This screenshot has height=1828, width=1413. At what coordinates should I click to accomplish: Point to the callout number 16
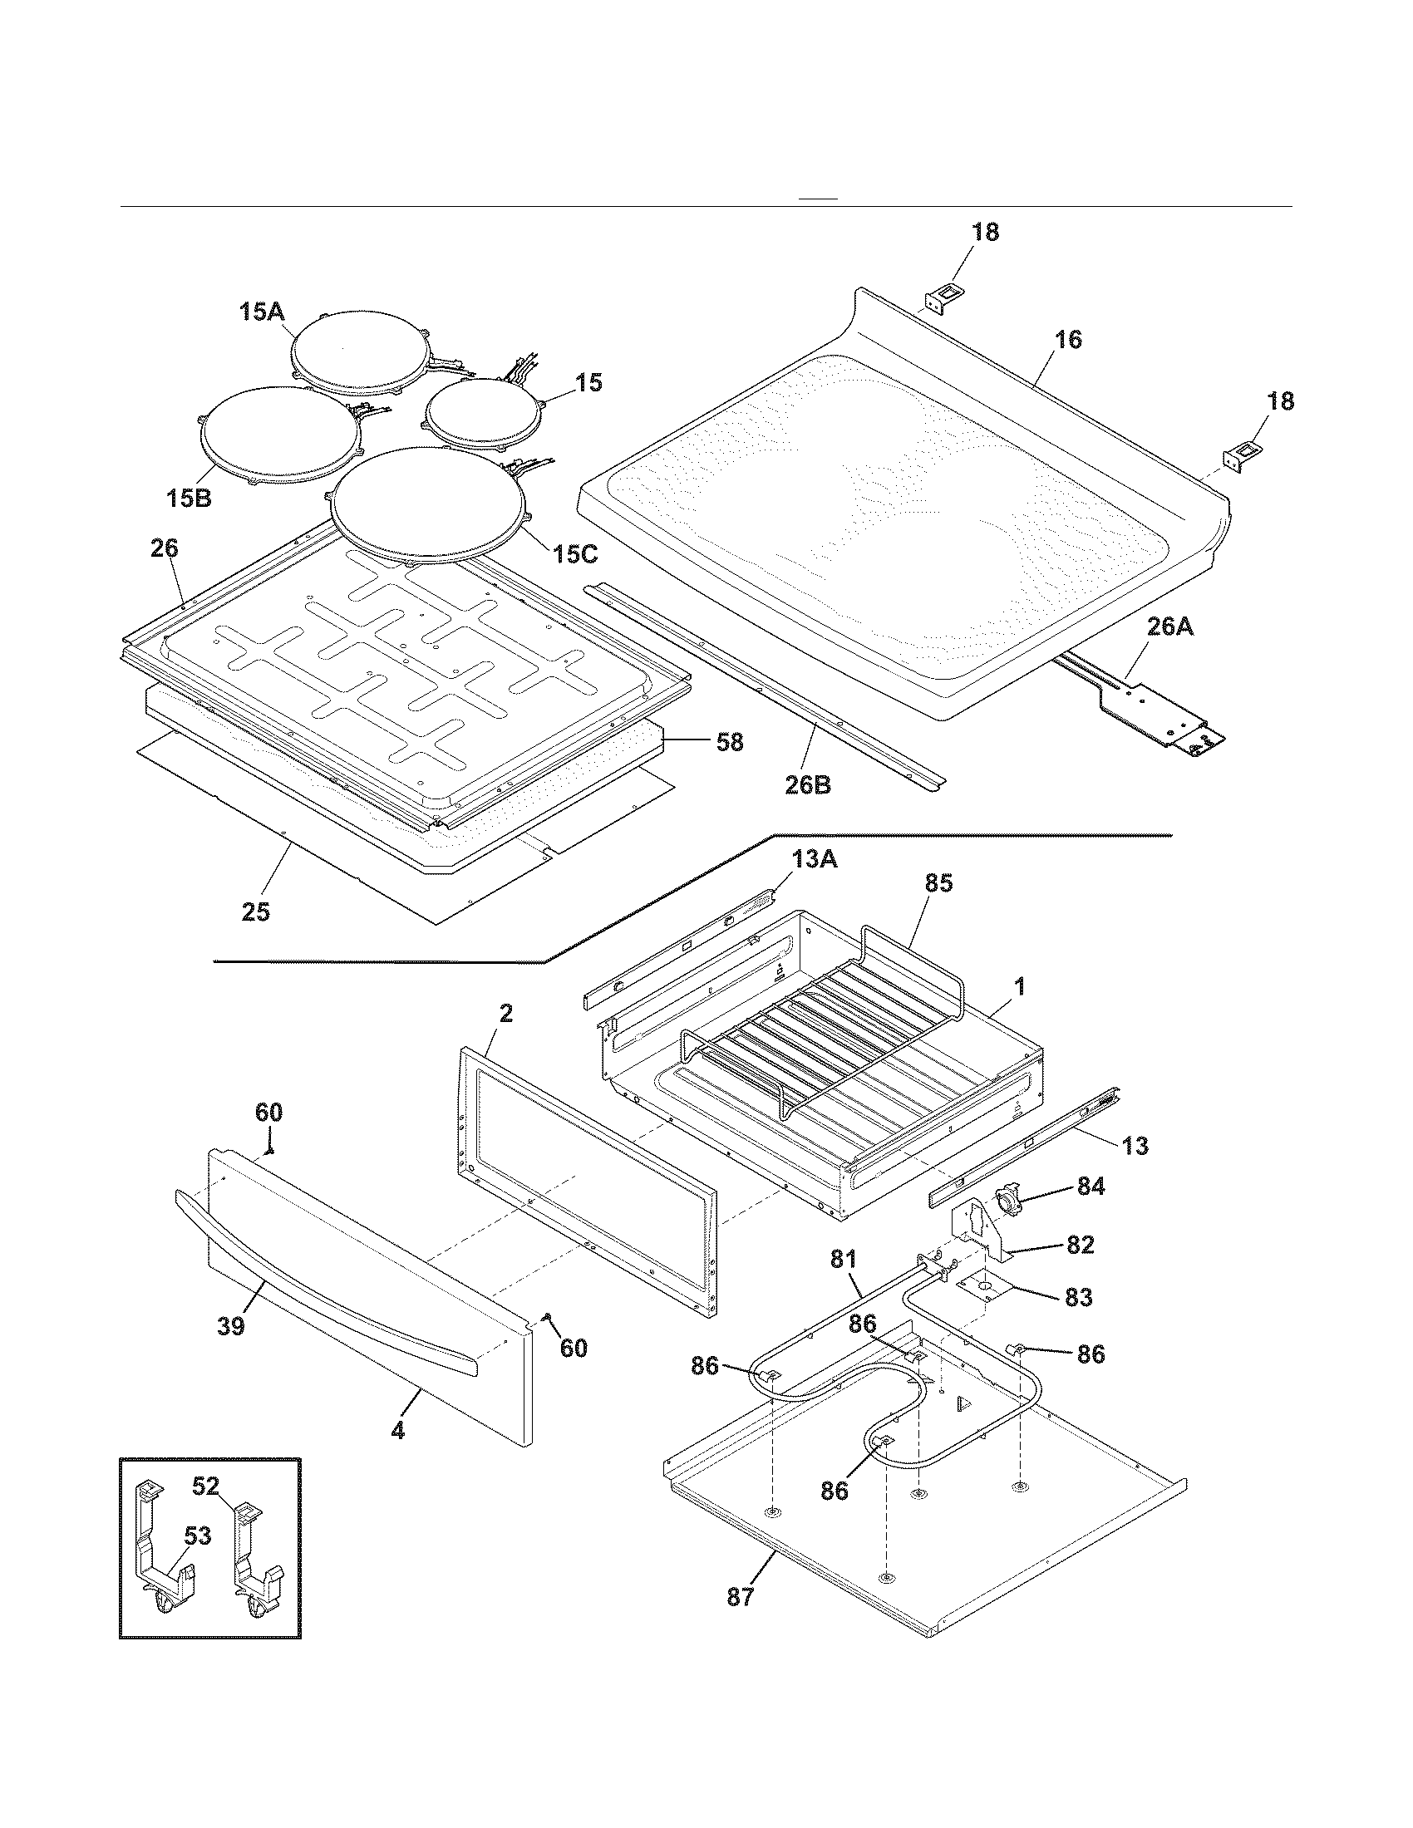[1068, 339]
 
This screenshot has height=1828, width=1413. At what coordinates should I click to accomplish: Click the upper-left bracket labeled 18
[943, 299]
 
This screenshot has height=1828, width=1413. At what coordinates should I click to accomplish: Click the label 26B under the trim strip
[808, 785]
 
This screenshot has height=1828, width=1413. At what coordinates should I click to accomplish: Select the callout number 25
[256, 912]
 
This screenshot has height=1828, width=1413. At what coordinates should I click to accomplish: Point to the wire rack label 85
[938, 883]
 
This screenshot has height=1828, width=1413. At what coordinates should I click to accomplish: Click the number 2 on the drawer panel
[505, 1013]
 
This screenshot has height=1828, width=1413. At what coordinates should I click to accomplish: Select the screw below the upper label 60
[270, 1151]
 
